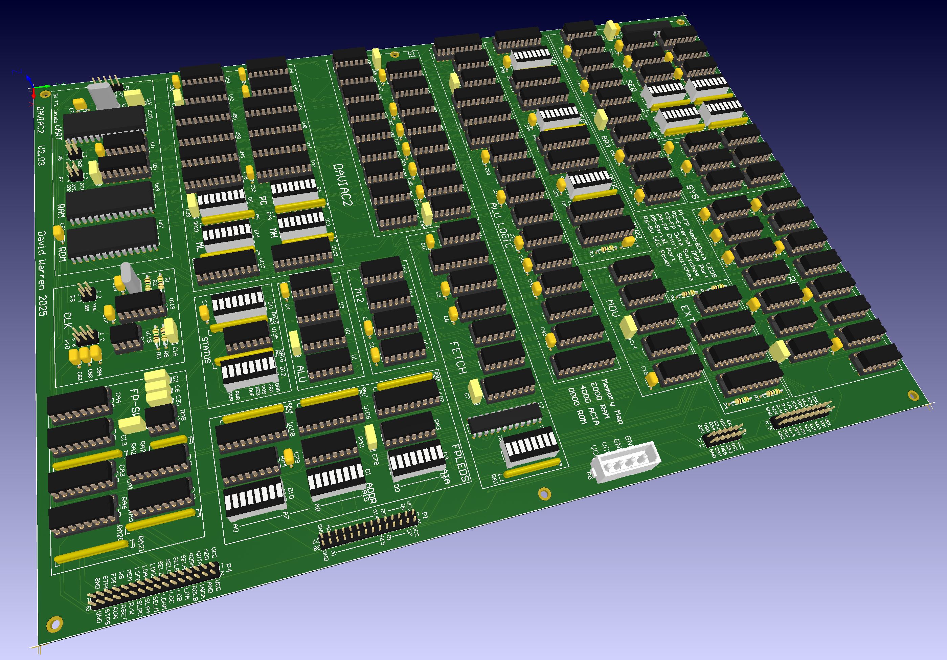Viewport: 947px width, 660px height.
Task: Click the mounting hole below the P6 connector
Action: (544, 493)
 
